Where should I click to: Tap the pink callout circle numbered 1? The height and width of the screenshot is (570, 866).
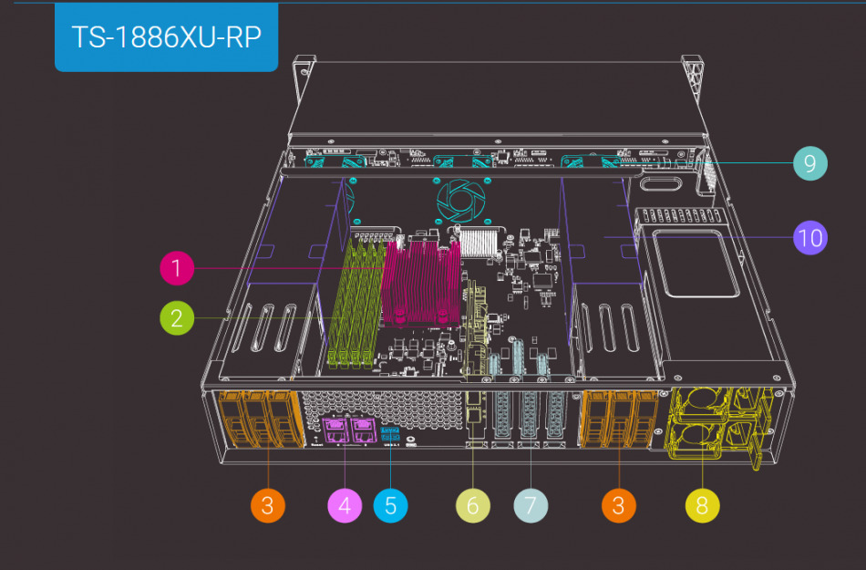point(177,268)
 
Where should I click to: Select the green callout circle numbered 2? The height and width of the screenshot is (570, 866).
point(177,318)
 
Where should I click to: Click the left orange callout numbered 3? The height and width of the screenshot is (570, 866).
point(267,505)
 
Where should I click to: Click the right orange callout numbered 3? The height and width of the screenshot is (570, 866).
point(618,505)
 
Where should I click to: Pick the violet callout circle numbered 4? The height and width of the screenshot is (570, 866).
point(345,505)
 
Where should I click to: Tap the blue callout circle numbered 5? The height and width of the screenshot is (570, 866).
point(390,505)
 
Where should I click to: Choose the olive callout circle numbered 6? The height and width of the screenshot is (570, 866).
point(472,505)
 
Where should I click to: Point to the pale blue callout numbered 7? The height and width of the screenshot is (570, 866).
point(531,505)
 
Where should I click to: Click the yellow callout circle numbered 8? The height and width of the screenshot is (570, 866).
point(702,505)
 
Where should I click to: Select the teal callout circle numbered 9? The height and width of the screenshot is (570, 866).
point(809,163)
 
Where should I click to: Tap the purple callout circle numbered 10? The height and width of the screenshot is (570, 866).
point(809,238)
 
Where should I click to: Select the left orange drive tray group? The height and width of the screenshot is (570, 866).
point(261,420)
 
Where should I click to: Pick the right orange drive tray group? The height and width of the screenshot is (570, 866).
point(618,420)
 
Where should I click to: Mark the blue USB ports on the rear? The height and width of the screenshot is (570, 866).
point(391,433)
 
